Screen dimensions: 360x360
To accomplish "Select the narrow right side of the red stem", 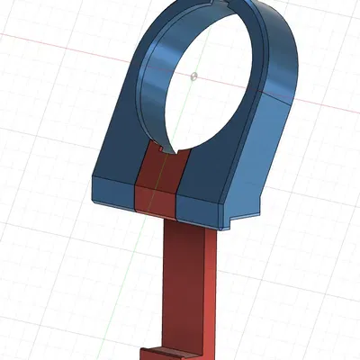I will pos(216,288).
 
